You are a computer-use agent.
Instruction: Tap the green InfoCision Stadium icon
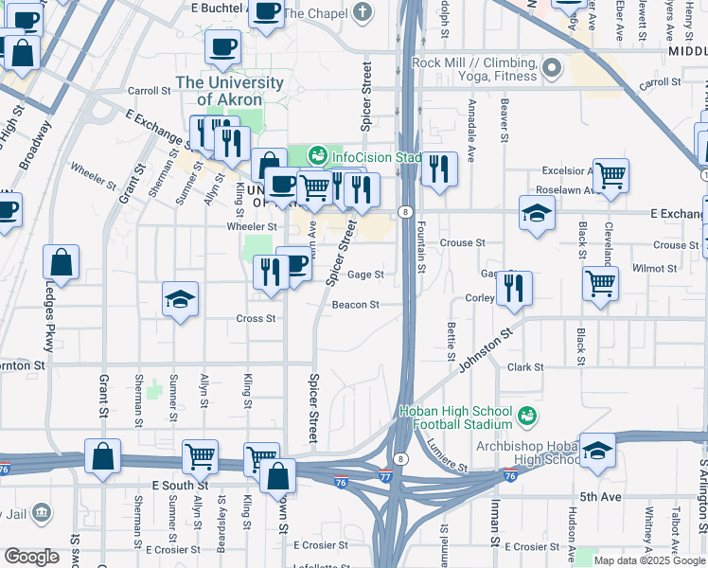click(317, 154)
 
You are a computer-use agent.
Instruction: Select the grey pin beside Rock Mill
click(552, 67)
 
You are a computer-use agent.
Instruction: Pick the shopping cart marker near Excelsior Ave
click(611, 174)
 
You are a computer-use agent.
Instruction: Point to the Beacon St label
click(355, 305)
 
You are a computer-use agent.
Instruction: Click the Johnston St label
click(487, 348)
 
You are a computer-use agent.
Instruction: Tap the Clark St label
click(525, 366)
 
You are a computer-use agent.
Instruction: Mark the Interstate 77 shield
click(385, 476)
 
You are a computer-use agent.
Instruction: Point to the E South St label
click(178, 485)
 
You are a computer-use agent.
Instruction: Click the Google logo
click(32, 557)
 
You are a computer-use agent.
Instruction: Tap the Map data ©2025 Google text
click(648, 560)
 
